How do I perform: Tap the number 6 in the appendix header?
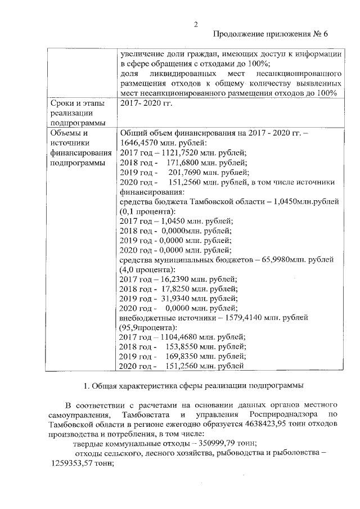(x=325, y=34)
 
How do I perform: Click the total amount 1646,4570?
(x=138, y=143)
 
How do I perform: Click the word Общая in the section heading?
(x=105, y=386)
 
